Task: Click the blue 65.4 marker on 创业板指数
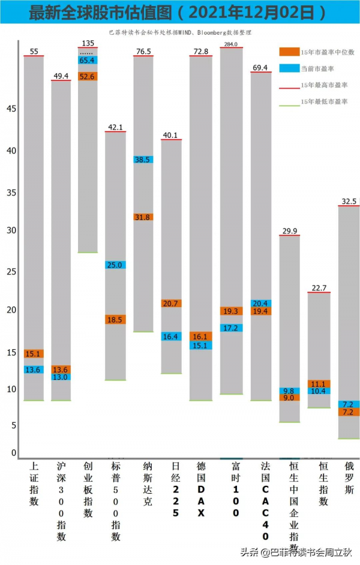88,61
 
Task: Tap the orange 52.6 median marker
88,76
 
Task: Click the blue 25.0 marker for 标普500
115,265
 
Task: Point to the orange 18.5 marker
115,320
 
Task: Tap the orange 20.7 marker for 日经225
171,303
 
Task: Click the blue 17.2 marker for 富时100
231,328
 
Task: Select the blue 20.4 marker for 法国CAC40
261,303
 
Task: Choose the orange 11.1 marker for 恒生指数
319,384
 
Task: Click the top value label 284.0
231,44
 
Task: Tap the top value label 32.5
349,202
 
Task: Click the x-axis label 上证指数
34,483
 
